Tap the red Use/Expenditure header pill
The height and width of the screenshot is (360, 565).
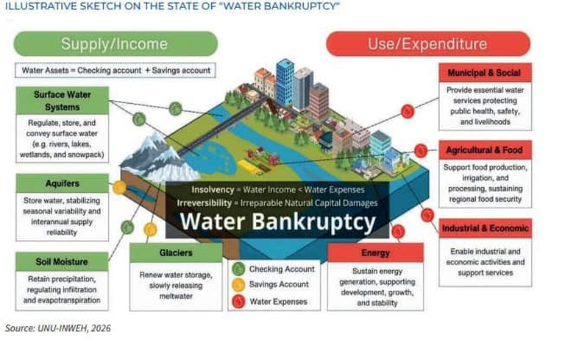pyautogui.click(x=428, y=43)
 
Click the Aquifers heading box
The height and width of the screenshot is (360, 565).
pyautogui.click(x=62, y=183)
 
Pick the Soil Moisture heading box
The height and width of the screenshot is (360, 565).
pyautogui.click(x=62, y=261)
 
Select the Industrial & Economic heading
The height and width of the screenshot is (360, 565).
pyautogui.click(x=485, y=229)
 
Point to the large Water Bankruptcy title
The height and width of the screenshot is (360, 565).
pyautogui.click(x=278, y=220)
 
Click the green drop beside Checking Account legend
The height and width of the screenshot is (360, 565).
pyautogui.click(x=238, y=269)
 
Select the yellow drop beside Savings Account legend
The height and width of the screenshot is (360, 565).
pyautogui.click(x=238, y=285)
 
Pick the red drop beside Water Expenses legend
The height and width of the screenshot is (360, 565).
pyautogui.click(x=238, y=301)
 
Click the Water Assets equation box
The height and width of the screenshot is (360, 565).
pyautogui.click(x=115, y=71)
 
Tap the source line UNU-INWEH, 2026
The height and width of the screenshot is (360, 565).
pyautogui.click(x=58, y=328)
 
